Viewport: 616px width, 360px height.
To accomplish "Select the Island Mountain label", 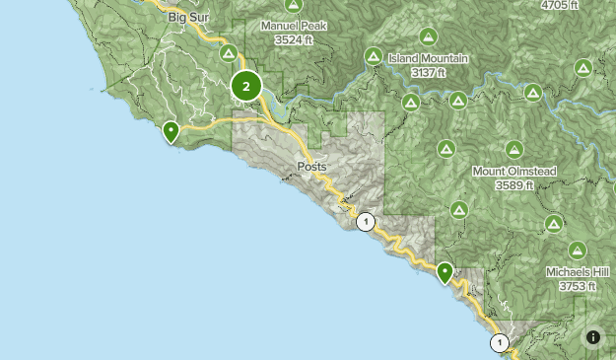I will pos(428,59).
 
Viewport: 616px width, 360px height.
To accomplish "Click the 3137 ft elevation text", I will pos(428,72).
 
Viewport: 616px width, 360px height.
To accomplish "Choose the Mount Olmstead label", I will pos(514,172).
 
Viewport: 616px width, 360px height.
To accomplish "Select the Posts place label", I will pos(311,167).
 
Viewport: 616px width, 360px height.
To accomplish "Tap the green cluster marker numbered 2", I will pos(245,86).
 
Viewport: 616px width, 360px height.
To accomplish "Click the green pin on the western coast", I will pos(171,130).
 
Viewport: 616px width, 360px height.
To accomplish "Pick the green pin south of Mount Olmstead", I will pos(445,271).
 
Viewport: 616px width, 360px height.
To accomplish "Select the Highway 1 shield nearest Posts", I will pos(366,221).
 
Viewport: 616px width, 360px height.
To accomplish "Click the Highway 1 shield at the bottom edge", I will pos(500,343).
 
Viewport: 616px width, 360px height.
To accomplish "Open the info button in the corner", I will pos(593,337).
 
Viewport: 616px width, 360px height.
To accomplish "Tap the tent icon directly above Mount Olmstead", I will pos(513,150).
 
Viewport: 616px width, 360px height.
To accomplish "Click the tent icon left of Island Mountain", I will pos(374,56).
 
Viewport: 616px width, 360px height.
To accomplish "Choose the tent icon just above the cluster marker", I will pos(229,53).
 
